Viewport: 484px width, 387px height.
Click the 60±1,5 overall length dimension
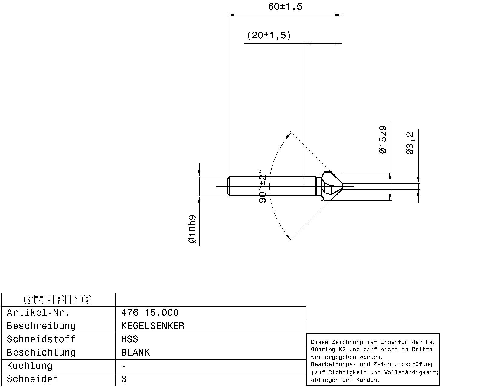(x=285, y=7)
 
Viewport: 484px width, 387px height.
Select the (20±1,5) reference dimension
(x=269, y=36)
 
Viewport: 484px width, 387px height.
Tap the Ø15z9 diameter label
(x=383, y=140)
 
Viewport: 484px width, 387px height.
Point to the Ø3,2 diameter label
(x=410, y=143)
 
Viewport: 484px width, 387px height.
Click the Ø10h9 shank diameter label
(x=192, y=229)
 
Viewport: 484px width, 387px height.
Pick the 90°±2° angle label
(x=262, y=187)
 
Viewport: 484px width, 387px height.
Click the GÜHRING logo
(x=58, y=300)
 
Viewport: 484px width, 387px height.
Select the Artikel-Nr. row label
(x=38, y=313)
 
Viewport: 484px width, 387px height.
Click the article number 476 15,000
(x=150, y=313)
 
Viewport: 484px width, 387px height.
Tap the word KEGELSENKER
(x=152, y=326)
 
